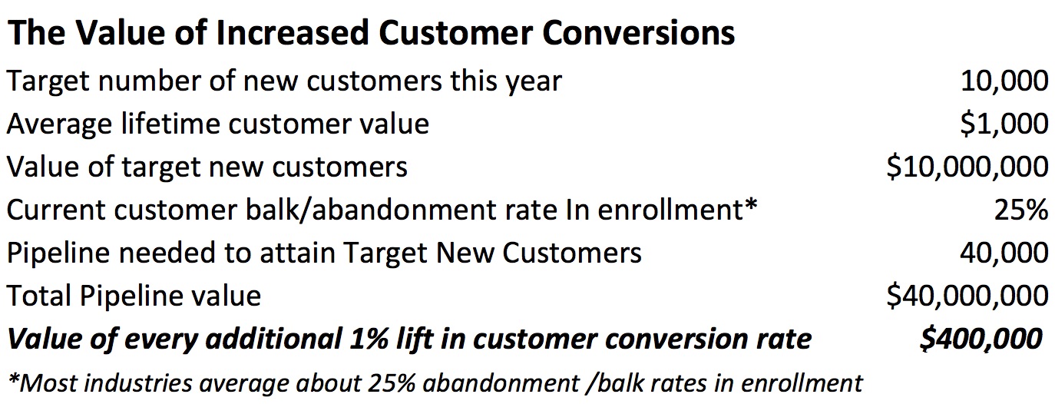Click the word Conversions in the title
pos(638,33)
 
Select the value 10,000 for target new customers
pos(1004,81)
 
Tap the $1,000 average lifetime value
pos(1004,124)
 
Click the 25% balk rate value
pos(1021,210)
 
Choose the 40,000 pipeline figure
pos(1004,253)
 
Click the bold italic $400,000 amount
pos(981,339)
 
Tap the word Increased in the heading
pos(292,33)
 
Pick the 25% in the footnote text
pos(392,383)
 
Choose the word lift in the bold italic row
pos(414,339)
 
